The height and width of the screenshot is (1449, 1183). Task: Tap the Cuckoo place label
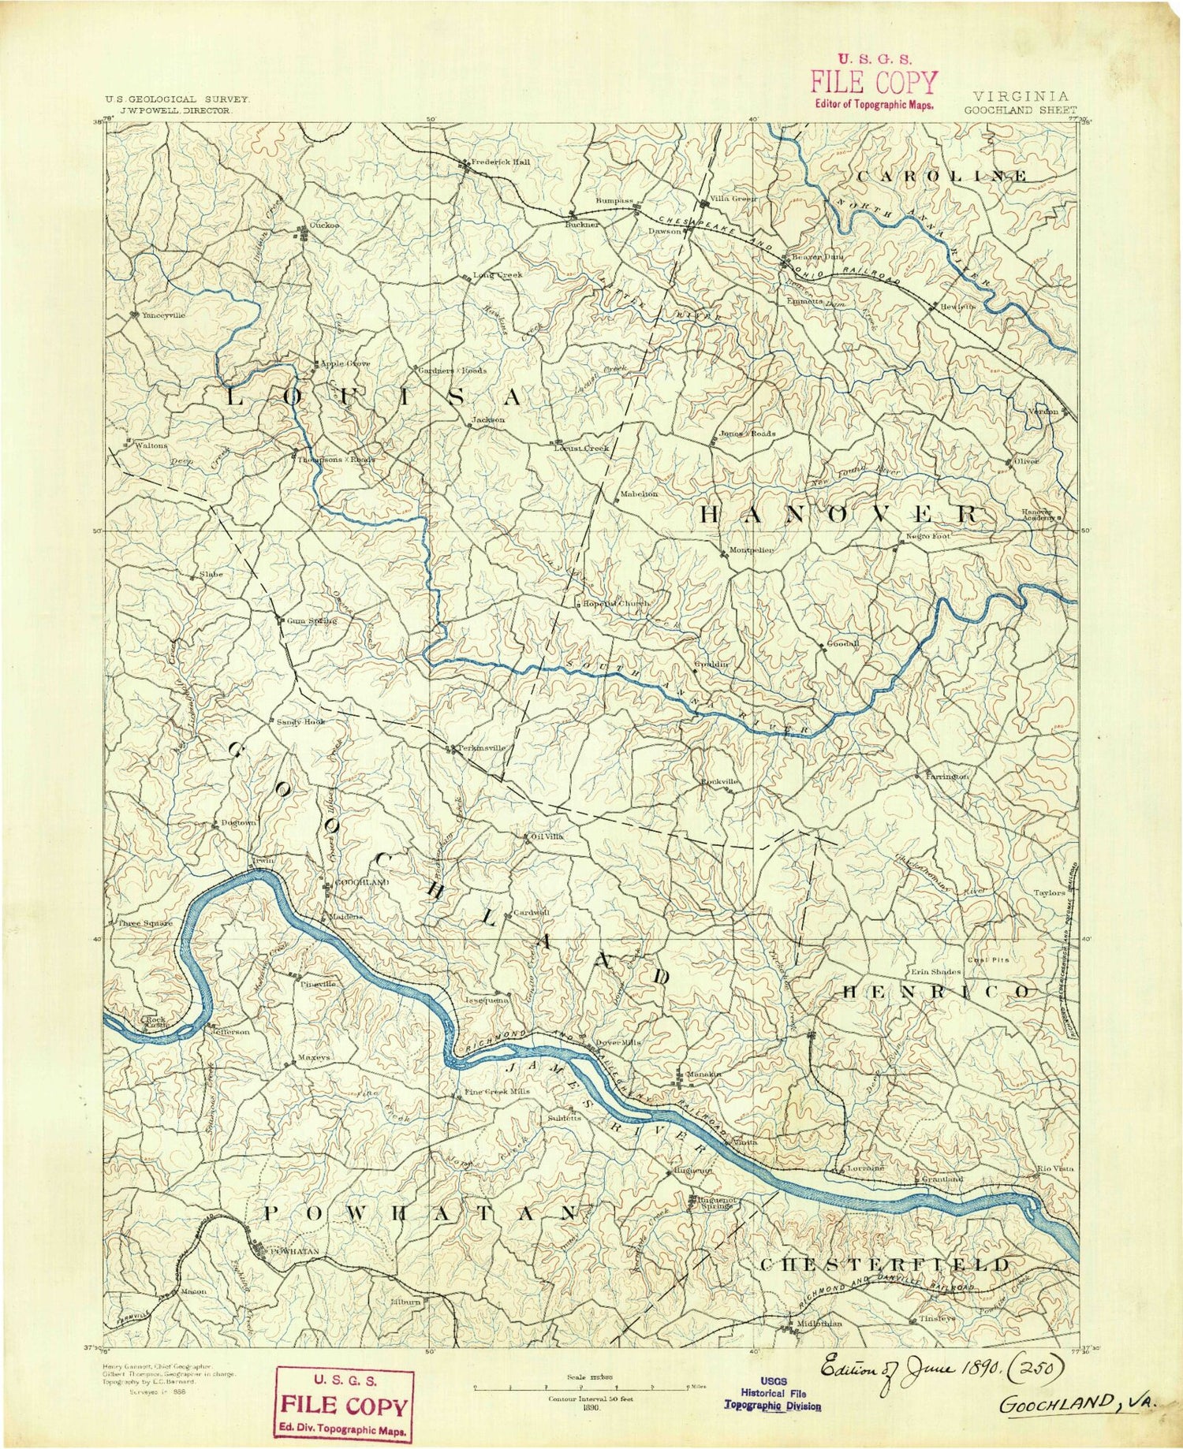(x=324, y=225)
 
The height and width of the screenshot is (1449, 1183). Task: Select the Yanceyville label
(x=163, y=315)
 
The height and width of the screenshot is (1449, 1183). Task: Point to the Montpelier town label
(x=752, y=549)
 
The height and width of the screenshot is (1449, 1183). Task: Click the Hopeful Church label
(x=616, y=603)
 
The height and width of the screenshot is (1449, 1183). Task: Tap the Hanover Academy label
(x=1037, y=514)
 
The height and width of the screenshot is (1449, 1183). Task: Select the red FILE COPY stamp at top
(x=874, y=82)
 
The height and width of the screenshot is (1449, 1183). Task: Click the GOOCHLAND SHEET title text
(x=1019, y=110)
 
